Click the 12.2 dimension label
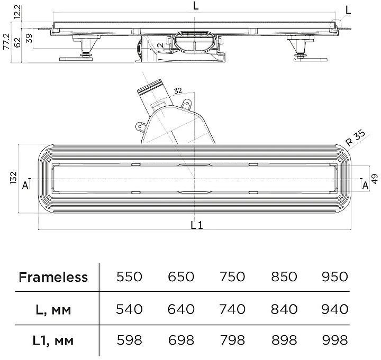[x=17, y=12]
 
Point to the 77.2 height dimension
[x=6, y=42]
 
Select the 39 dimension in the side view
[x=29, y=39]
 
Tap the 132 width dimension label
[x=13, y=178]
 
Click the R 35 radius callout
[x=356, y=138]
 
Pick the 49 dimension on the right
[x=375, y=179]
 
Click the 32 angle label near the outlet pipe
[x=178, y=90]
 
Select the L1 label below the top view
[x=196, y=226]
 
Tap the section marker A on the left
[x=25, y=186]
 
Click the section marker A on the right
[x=365, y=186]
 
